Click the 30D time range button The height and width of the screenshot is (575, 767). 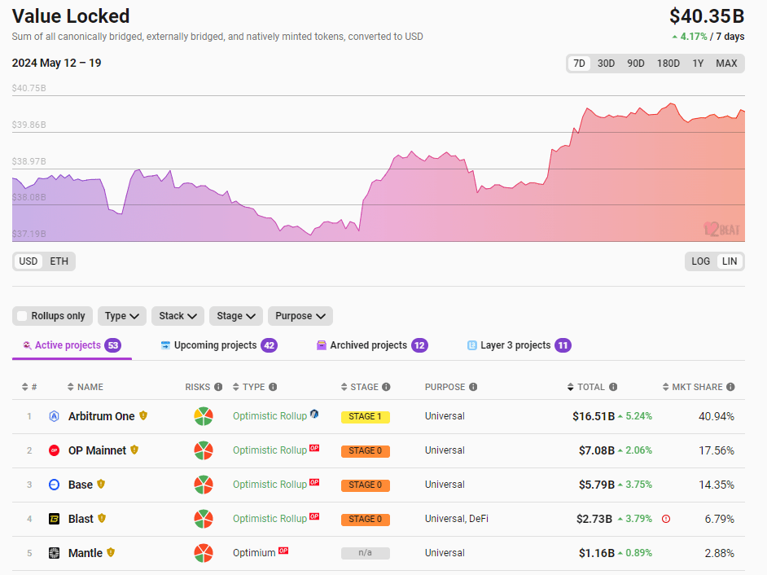click(606, 64)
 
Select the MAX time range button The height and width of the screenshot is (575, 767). click(726, 64)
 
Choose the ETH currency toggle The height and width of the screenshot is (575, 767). click(59, 261)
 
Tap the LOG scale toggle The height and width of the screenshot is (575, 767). click(700, 261)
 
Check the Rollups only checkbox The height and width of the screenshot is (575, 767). click(22, 316)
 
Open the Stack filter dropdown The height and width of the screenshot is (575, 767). click(177, 316)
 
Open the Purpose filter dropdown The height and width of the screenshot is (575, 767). click(300, 316)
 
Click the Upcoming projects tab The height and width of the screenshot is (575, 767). click(215, 345)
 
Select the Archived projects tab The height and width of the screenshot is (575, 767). click(368, 345)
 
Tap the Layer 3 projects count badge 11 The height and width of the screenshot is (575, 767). click(563, 345)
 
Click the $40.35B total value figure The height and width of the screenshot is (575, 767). click(706, 16)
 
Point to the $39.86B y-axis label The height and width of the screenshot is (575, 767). click(29, 125)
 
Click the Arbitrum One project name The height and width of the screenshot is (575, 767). click(101, 416)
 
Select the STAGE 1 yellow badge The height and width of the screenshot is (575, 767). click(365, 417)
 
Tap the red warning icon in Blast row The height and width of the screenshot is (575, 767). click(666, 519)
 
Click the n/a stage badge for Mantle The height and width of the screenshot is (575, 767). click(365, 553)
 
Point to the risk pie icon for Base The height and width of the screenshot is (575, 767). click(204, 485)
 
